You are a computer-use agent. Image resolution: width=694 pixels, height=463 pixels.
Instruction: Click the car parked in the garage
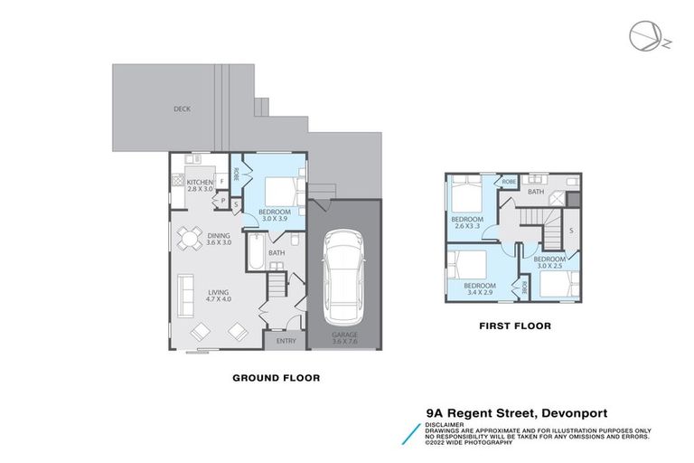click(x=343, y=277)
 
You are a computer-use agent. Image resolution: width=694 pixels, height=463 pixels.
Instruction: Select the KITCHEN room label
click(x=200, y=183)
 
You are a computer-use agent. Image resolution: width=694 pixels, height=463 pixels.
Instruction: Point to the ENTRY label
click(x=286, y=341)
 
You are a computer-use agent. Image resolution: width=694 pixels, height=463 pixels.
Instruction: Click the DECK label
click(x=183, y=109)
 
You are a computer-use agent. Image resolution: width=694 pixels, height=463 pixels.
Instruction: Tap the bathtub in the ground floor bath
click(x=256, y=252)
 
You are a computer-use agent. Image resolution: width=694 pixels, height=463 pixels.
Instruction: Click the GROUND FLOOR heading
click(x=277, y=378)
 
